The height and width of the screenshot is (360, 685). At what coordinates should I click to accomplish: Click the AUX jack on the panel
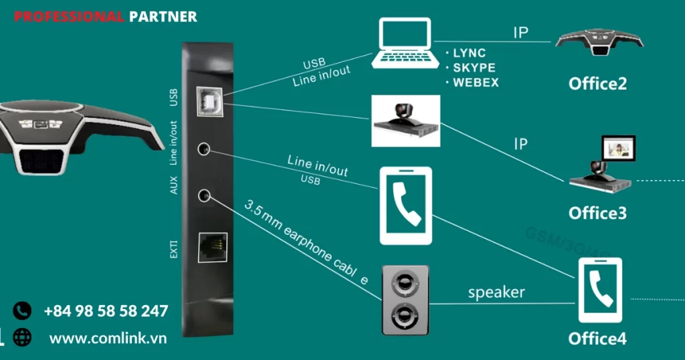[x=205, y=195]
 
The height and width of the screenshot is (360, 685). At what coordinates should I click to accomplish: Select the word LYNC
[x=469, y=53]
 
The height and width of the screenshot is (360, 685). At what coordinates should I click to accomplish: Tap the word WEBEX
[x=476, y=83]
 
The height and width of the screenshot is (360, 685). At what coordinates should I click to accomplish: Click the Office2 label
[x=597, y=84]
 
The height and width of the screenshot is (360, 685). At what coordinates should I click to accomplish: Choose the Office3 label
[x=597, y=213]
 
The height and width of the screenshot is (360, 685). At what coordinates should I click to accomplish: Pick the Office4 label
[x=597, y=339]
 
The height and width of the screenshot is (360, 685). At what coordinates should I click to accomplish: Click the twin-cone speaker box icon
[x=405, y=299]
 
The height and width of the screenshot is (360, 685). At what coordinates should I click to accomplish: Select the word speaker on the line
[x=496, y=292]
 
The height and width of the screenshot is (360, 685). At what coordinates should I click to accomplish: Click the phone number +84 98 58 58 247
[x=106, y=311]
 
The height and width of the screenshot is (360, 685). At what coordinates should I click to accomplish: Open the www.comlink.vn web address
[x=108, y=338]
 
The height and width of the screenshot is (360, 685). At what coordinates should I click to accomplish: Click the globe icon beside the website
[x=22, y=338]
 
